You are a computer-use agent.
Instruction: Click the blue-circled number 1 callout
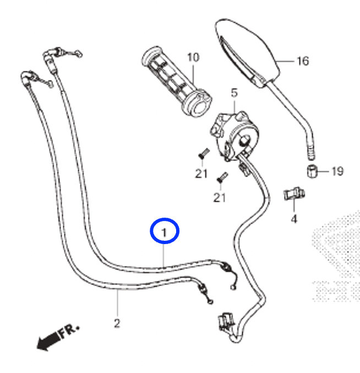(165, 231)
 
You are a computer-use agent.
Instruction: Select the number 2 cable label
(117, 323)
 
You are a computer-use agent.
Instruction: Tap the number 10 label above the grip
(193, 57)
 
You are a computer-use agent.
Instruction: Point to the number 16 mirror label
(303, 61)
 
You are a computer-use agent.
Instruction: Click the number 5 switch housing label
(234, 93)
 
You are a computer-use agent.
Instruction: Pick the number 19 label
(337, 171)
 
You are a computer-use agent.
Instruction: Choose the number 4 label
(294, 219)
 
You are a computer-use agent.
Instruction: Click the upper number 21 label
(201, 174)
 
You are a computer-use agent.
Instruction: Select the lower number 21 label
(220, 197)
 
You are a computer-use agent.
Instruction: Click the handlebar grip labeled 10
(176, 82)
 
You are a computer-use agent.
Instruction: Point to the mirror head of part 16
(247, 52)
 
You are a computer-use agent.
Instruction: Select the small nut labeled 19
(312, 171)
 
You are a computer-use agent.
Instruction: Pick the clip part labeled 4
(294, 194)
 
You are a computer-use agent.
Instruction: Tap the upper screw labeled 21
(204, 153)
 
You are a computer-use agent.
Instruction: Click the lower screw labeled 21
(222, 177)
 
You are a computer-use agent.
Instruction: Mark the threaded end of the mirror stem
(312, 152)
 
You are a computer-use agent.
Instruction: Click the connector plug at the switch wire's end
(226, 322)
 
